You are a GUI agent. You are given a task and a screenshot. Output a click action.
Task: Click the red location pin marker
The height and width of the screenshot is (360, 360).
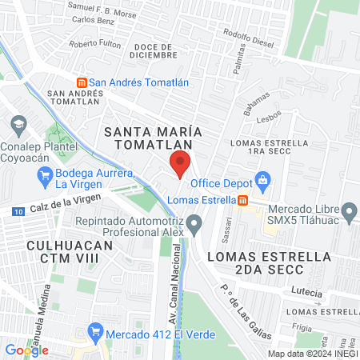pos(180,164)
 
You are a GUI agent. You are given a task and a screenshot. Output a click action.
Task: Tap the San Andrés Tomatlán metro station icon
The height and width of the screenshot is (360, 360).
pos(81,82)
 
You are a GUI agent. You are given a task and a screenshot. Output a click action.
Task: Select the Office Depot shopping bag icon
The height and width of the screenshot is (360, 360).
pos(260,178)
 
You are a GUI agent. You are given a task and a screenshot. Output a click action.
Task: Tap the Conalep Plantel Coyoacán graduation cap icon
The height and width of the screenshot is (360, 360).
pos(18,124)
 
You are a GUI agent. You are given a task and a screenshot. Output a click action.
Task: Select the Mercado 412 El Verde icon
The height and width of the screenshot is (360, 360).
pos(96,330)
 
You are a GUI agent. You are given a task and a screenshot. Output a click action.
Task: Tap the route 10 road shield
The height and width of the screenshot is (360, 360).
pos(18,211)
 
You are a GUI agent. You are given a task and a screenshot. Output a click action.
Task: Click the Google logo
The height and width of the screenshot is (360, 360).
pos(26,350)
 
